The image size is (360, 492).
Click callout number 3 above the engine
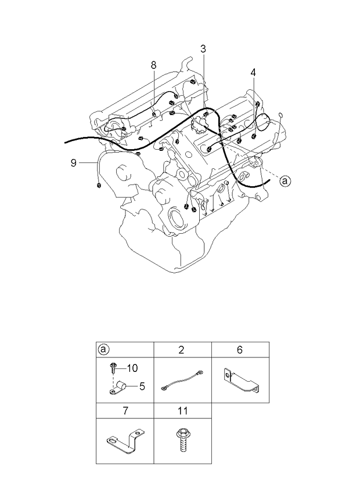coord(203,49)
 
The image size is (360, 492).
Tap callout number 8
coord(153,65)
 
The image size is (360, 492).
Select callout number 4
coord(253,73)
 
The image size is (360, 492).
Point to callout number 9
coord(74,163)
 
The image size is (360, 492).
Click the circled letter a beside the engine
coord(285,181)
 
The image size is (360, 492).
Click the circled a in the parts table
coord(103,349)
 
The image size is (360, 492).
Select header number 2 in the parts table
coord(181,350)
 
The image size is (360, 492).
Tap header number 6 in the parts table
coord(240,350)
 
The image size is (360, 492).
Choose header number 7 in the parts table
coord(125,410)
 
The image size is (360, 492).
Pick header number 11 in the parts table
coord(182,410)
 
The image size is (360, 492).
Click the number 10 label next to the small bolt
coord(132,368)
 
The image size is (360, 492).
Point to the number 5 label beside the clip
coord(142,386)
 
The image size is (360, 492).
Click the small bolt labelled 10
coord(113,367)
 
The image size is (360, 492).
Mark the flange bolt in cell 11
coord(181,439)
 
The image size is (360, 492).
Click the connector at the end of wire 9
coord(99,185)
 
